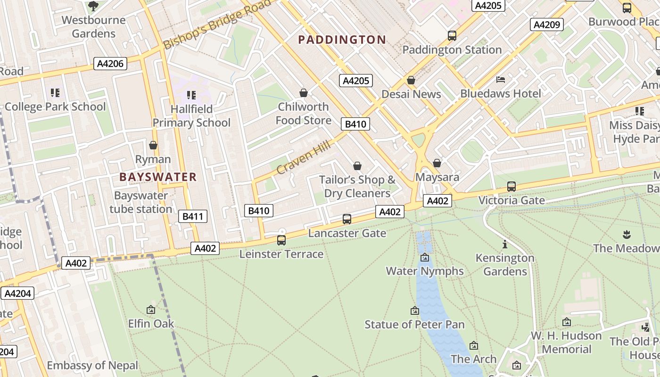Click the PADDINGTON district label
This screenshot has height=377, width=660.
point(342,40)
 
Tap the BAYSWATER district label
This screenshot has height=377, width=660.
point(158,177)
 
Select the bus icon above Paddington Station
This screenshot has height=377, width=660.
point(452,35)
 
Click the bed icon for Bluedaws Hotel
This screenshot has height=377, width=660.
point(501,80)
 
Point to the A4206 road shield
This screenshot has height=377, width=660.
point(111,64)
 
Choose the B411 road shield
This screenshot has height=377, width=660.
point(193,216)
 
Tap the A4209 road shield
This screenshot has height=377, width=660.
point(547,25)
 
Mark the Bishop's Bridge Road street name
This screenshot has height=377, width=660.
point(218,24)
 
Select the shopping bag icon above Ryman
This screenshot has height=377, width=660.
point(153,145)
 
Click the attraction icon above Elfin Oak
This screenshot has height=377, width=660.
point(151,310)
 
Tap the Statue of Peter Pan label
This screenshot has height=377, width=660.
point(414,325)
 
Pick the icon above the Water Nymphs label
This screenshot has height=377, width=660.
point(425,257)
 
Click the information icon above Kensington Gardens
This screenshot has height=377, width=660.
point(505,244)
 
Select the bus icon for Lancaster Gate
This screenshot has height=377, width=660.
point(347,219)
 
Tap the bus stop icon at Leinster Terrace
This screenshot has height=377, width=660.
point(281,240)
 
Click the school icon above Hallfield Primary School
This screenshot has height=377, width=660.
point(191,95)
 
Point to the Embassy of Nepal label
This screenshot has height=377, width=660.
point(92,365)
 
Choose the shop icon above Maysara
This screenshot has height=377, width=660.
point(437,163)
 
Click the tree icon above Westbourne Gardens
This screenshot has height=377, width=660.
point(93,6)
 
